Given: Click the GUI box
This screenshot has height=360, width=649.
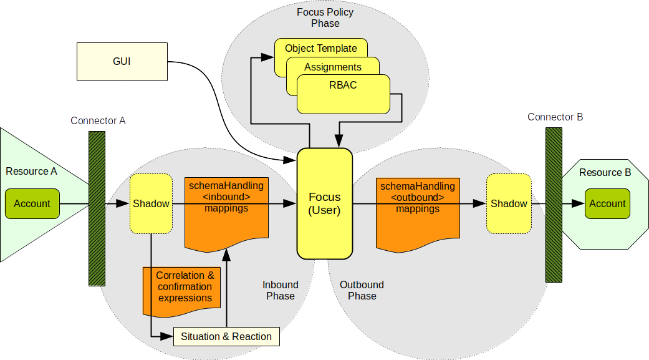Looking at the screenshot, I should (x=122, y=62).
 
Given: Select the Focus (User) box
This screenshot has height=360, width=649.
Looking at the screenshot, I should (x=324, y=203).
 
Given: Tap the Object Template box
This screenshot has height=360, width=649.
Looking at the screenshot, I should (x=320, y=48).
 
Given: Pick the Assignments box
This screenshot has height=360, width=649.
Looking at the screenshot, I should (x=332, y=67).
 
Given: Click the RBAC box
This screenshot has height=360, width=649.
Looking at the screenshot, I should (x=343, y=86).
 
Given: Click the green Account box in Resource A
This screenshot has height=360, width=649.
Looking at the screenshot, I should (x=32, y=203).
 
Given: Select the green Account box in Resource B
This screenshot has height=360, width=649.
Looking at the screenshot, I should (x=607, y=203).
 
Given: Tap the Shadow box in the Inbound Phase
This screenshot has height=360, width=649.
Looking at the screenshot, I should (x=151, y=204).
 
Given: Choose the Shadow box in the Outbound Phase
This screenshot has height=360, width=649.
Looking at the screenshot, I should (x=509, y=204).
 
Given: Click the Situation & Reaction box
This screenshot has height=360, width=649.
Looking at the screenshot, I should (x=226, y=337).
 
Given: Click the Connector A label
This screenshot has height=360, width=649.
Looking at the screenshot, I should (x=98, y=120).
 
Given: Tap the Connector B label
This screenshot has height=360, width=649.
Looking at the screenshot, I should (x=555, y=117).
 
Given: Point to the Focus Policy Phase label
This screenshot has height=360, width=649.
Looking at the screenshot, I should (x=325, y=17).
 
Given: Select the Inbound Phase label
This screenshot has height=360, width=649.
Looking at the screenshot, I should (x=280, y=290).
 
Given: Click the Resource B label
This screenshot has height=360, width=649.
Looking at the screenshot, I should (x=604, y=173).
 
